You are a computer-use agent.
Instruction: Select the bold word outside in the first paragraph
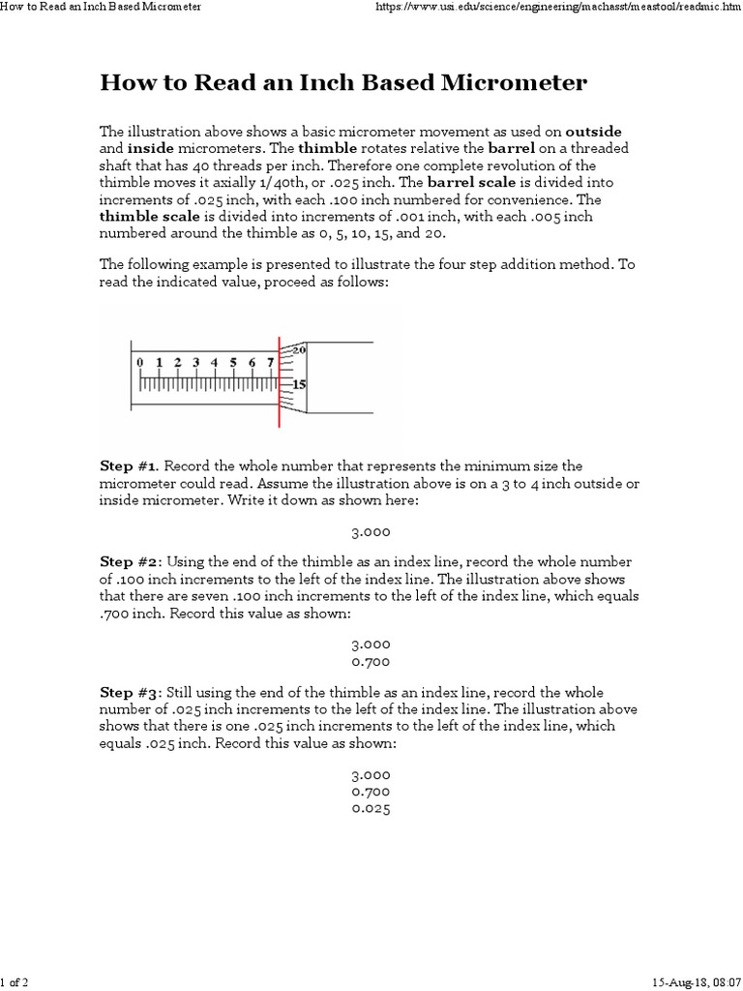coord(593,132)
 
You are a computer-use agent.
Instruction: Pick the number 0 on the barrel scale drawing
coord(140,362)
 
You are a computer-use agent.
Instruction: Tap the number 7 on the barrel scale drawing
coord(270,362)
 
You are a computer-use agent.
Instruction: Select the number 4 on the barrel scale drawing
coord(215,362)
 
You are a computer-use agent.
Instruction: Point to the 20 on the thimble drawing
coord(299,349)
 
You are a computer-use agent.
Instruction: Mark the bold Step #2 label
coord(123,562)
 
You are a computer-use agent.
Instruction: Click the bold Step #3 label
coord(123,693)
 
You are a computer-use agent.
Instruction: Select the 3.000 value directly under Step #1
coord(371,531)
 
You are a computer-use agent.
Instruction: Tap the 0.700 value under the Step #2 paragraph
coord(371,662)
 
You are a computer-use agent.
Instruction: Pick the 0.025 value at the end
coord(371,809)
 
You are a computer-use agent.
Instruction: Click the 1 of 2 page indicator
coord(15,983)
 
